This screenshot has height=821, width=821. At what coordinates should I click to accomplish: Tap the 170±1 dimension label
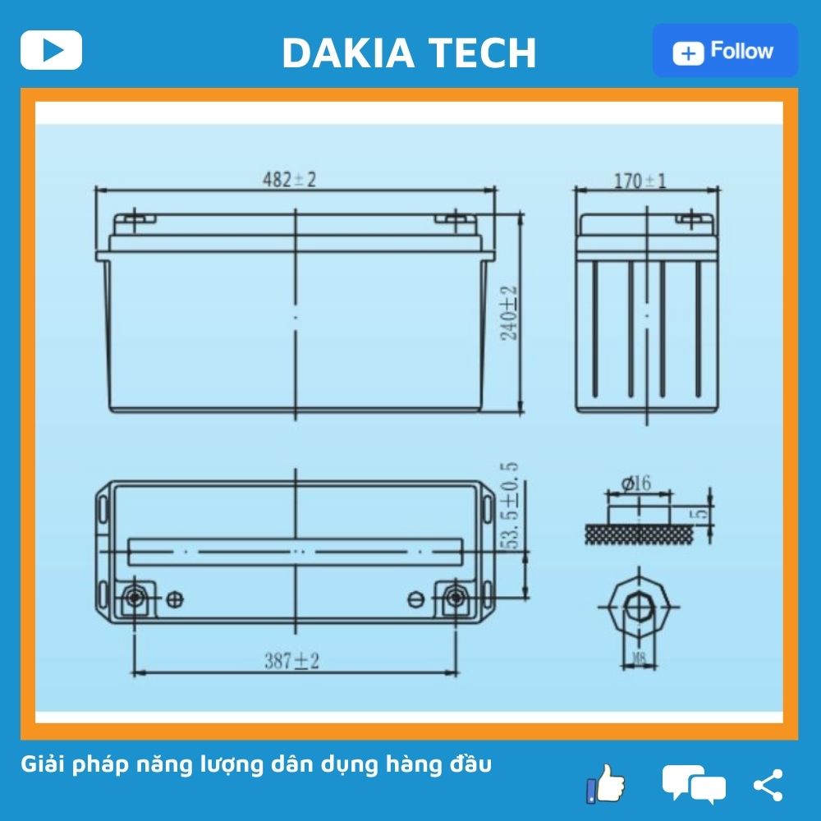[640, 181]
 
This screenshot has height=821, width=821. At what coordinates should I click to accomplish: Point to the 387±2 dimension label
[291, 660]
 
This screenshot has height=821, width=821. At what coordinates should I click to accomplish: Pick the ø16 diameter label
[636, 484]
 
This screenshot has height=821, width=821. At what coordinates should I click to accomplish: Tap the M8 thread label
[640, 656]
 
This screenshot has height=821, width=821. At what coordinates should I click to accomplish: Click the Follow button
[725, 51]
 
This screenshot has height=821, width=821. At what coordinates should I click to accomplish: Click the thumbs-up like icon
[606, 783]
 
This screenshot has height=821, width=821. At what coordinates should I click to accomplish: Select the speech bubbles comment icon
[694, 783]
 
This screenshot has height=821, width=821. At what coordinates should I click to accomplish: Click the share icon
[768, 785]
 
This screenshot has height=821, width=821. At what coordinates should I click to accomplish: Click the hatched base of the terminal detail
[640, 533]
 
